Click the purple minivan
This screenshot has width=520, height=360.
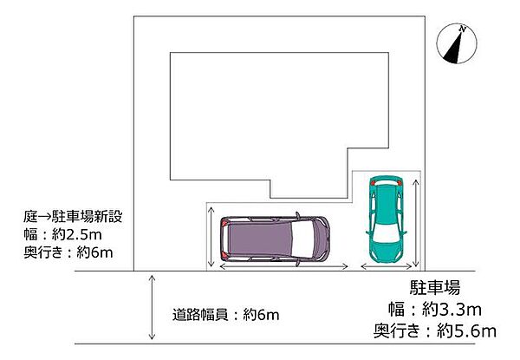click(x=275, y=239)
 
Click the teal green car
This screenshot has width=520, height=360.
click(x=387, y=219)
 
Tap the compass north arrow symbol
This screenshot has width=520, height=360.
click(x=457, y=43)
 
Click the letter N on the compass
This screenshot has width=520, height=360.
click(x=462, y=29)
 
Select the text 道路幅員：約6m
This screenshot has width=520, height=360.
click(x=225, y=314)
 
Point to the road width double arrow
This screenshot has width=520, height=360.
click(x=152, y=307)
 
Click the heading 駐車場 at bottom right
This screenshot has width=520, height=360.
click(x=435, y=287)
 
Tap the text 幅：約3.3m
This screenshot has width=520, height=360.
click(x=435, y=310)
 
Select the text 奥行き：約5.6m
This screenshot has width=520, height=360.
click(x=435, y=331)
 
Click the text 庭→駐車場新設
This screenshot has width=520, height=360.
click(x=73, y=217)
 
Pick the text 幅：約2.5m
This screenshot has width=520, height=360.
click(x=62, y=234)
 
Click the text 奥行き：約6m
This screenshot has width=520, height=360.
click(x=68, y=252)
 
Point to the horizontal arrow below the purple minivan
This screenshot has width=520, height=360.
click(x=284, y=266)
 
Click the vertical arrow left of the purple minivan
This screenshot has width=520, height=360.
click(x=211, y=237)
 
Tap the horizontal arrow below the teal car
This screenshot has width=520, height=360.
click(x=387, y=266)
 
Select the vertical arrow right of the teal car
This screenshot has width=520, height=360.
click(x=416, y=223)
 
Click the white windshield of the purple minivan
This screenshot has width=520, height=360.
click(x=302, y=239)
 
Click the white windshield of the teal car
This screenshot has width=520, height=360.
click(x=387, y=232)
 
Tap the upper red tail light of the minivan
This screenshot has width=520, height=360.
click(x=224, y=223)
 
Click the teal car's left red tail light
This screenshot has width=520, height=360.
click(x=373, y=183)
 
